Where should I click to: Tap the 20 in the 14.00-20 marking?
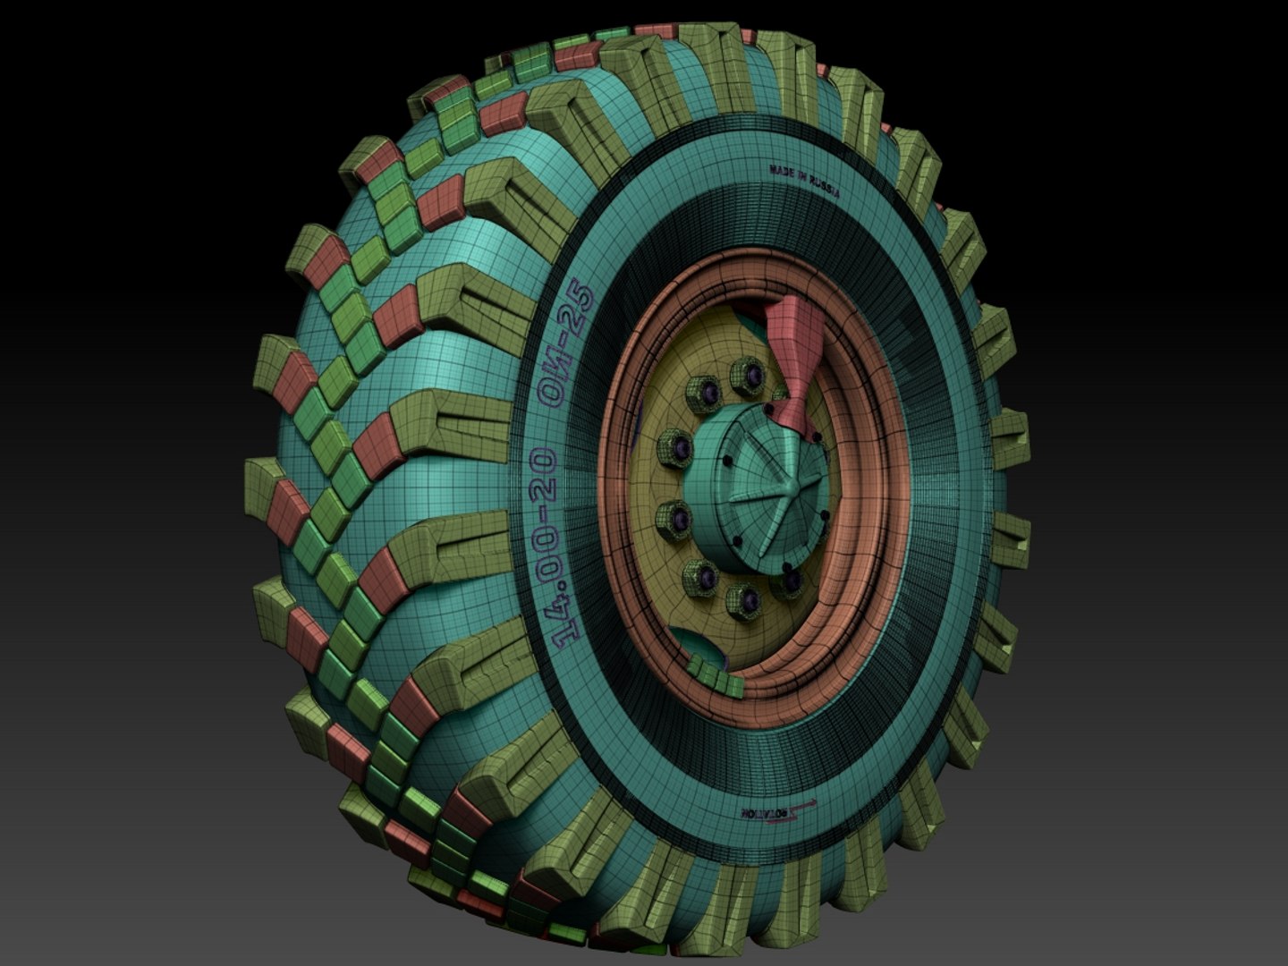pyautogui.click(x=544, y=475)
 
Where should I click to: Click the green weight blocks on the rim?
pyautogui.click(x=716, y=675)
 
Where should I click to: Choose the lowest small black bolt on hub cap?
pyautogui.click(x=785, y=568)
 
